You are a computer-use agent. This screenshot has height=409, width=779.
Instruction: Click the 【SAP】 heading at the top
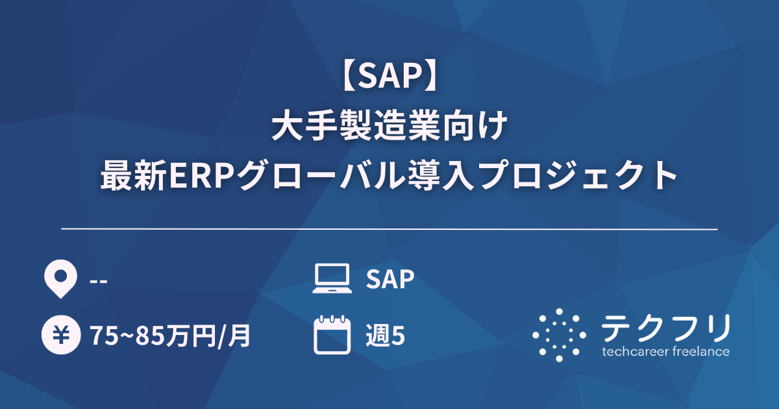click(x=389, y=77)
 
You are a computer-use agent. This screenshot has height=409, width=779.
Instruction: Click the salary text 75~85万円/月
click(x=170, y=336)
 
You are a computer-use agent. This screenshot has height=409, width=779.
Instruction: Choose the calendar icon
click(x=332, y=335)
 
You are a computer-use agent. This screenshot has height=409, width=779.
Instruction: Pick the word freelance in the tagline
click(x=699, y=352)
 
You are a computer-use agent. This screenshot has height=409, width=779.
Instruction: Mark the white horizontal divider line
click(x=389, y=229)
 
